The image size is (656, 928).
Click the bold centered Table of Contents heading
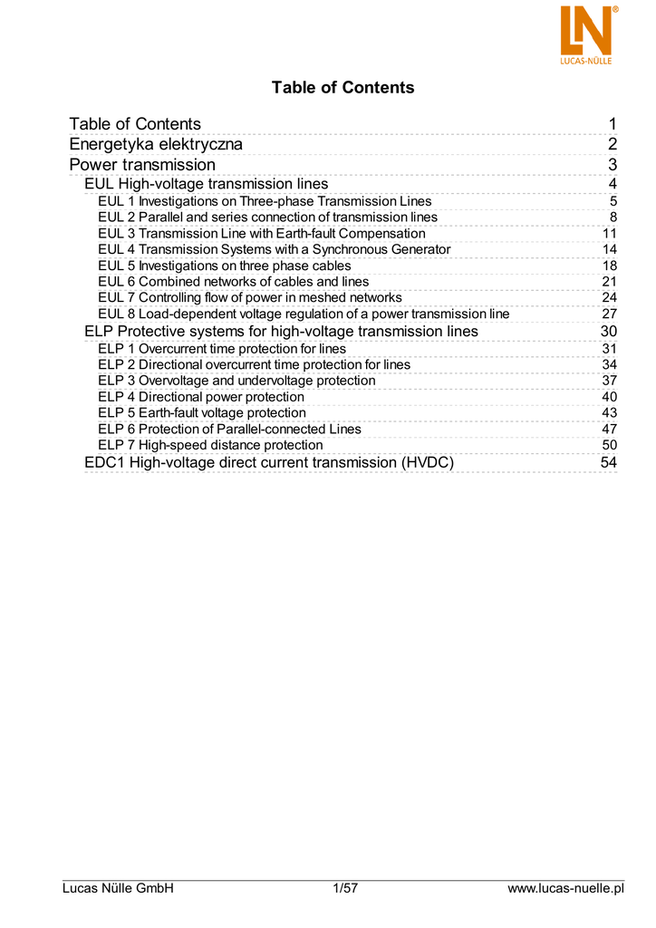342,88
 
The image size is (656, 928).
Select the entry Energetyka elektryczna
156,145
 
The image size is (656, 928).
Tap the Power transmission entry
142,165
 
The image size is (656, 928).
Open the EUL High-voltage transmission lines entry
206,185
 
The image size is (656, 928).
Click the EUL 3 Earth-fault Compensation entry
261,234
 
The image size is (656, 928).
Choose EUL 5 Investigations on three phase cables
224,266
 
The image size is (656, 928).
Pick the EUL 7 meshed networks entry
249,298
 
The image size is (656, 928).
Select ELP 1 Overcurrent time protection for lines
221,349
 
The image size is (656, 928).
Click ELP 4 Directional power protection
200,397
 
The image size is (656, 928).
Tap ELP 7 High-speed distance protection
209,445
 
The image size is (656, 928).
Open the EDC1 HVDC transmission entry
268,463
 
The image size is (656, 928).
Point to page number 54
608,463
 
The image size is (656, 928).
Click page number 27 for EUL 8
609,314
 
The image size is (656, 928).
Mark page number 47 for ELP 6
609,430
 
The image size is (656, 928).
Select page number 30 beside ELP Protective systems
608,332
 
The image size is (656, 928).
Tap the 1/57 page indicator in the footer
345,889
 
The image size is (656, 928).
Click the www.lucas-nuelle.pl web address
566,889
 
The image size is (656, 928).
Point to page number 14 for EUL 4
609,250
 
